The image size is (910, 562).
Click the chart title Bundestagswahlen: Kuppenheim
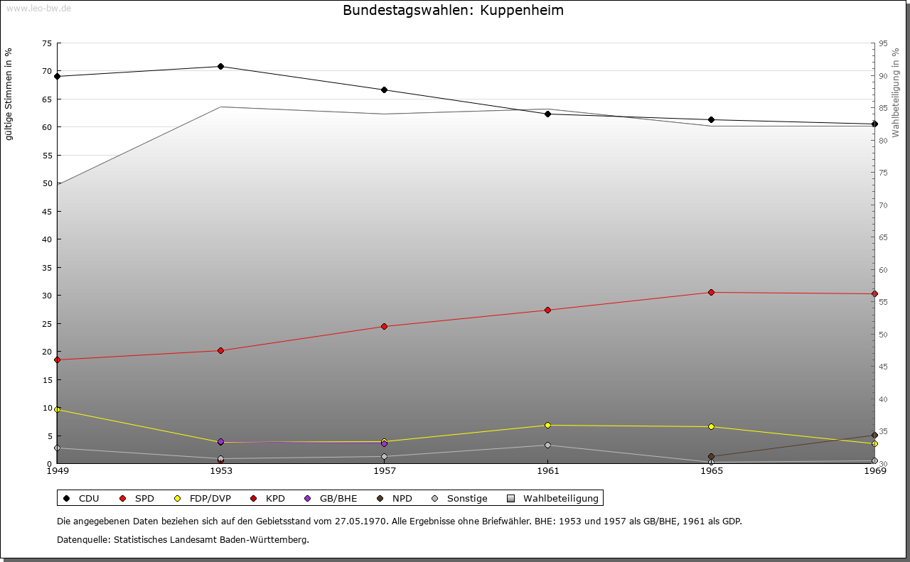[x=453, y=11]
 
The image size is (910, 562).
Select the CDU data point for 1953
[x=220, y=67]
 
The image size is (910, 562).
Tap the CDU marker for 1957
[x=384, y=90]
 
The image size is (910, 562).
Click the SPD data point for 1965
[x=711, y=293]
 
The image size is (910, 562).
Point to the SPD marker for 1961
[x=547, y=310]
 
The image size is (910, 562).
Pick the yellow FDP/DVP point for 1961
[x=547, y=426]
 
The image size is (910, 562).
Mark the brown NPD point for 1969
[x=874, y=436]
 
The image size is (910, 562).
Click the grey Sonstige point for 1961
[x=547, y=445]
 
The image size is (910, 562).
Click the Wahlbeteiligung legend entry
[x=554, y=499]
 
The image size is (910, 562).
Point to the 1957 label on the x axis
[x=384, y=470]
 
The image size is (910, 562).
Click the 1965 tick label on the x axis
[x=711, y=470]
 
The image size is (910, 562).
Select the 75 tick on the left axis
[x=47, y=43]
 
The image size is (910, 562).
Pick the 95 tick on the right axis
[x=883, y=43]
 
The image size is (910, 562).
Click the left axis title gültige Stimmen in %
[x=9, y=94]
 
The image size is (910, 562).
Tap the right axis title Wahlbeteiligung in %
[x=896, y=93]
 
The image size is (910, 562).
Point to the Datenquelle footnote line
[x=183, y=539]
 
